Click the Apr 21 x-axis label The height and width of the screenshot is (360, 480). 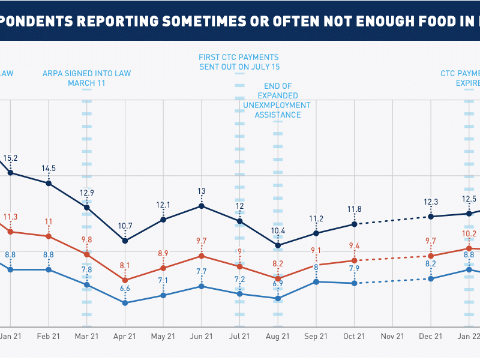125,337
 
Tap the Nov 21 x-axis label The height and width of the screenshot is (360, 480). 392,337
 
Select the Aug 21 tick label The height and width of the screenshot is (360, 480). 278,337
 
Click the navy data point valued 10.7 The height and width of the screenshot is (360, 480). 125,241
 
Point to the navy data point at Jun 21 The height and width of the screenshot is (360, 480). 202,206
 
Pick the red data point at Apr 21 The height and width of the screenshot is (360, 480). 125,280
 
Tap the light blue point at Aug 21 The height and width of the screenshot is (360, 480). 278,298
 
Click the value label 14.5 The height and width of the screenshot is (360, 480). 49,169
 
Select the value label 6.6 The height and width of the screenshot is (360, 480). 125,289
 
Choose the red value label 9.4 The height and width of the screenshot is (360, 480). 355,245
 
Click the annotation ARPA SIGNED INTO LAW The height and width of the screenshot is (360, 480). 86,74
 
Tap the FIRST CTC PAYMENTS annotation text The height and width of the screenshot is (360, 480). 239,58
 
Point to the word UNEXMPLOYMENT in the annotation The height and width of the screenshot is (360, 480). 277,105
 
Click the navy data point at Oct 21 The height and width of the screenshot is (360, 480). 355,224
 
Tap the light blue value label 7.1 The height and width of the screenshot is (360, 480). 163,280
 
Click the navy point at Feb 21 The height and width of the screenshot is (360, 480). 49,183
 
